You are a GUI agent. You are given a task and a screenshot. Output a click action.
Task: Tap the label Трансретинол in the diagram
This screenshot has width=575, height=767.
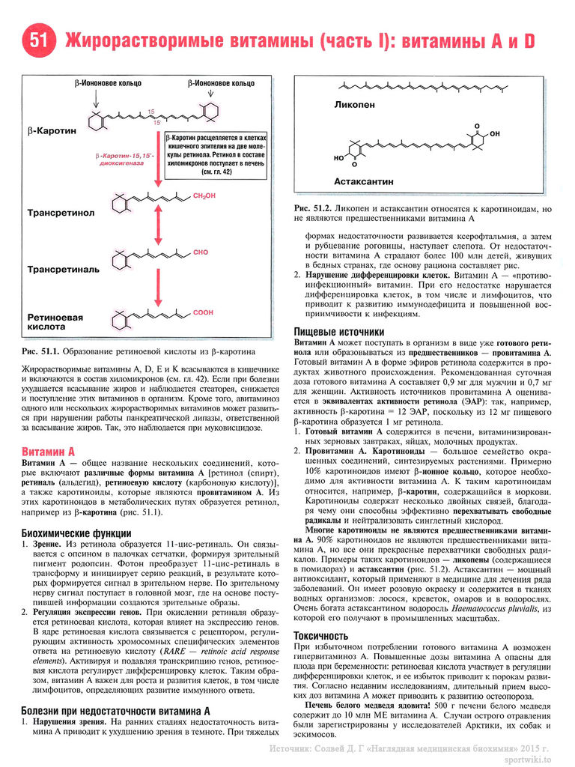tap(61, 213)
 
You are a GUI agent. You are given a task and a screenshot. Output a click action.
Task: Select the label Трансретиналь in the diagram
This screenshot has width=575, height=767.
tap(63, 268)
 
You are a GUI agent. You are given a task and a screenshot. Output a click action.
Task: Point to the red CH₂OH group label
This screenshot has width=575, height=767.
tap(204, 196)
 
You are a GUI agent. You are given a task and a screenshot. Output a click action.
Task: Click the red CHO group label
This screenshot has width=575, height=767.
tap(200, 252)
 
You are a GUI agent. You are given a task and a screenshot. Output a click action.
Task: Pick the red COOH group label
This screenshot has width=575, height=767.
tap(203, 312)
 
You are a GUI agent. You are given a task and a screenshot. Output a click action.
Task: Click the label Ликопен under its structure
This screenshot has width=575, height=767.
tap(355, 106)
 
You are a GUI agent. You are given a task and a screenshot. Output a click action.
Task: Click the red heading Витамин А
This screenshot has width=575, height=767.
tap(49, 453)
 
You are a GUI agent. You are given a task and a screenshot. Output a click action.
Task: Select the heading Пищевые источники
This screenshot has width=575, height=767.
tap(339, 332)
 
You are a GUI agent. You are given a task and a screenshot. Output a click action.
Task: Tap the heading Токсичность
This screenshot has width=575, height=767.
tap(321, 635)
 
